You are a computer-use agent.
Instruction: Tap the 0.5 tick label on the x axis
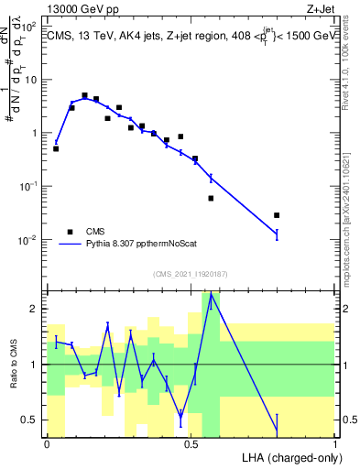(191, 443)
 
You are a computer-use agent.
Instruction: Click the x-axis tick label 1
(334, 443)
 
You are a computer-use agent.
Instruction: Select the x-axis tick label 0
(47, 443)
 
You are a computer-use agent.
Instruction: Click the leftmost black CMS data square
(56, 148)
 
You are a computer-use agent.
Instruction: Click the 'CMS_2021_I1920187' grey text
(191, 273)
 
